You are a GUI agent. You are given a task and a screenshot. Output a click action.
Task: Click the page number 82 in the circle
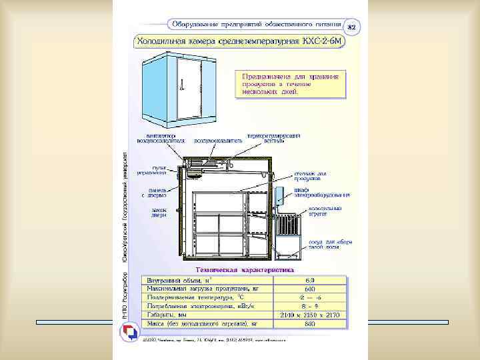[x=353, y=27]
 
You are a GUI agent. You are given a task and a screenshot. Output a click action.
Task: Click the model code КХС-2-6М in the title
[x=319, y=41]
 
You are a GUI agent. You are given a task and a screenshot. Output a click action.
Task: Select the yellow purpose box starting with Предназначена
[x=290, y=85]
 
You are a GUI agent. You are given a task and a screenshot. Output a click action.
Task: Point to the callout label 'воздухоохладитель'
[x=213, y=140]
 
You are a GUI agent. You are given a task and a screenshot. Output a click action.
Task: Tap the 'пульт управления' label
[x=151, y=171]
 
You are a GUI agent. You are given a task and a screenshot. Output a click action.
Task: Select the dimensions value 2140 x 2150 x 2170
[x=310, y=313]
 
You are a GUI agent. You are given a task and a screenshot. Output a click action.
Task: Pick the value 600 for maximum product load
[x=309, y=288]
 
